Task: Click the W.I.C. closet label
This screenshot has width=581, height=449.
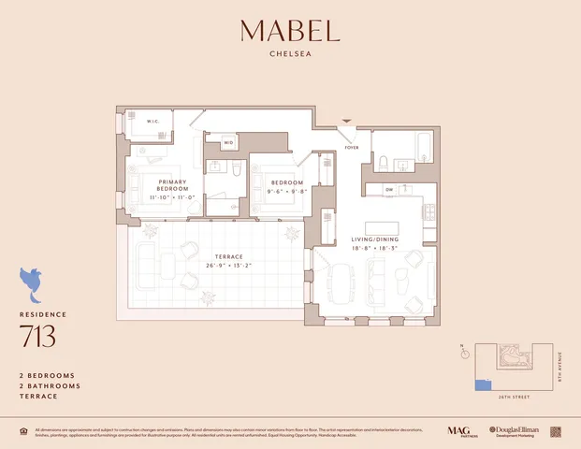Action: coord(154,121)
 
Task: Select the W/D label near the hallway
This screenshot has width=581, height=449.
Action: coord(228,143)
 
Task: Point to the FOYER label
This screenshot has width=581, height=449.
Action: coord(352,147)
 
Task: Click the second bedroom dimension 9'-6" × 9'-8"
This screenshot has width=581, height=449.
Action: coord(287,191)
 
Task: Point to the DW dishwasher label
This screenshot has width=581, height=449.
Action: coord(388,188)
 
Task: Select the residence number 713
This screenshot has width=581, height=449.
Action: coord(38,336)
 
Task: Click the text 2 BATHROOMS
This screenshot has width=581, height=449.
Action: coord(50,385)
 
